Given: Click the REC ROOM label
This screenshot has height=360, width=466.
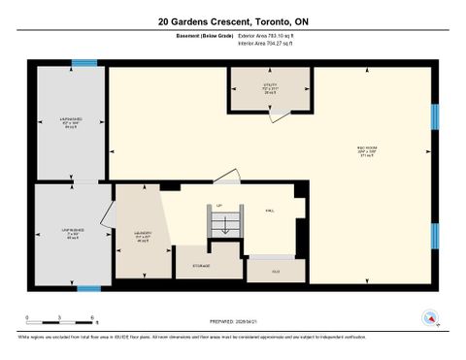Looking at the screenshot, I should pos(366,148).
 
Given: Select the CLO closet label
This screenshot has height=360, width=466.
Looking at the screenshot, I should pos(276,271).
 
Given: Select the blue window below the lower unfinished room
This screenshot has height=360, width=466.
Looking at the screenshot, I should pos(89,287).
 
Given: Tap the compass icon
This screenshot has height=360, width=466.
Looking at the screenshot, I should pos(427,316).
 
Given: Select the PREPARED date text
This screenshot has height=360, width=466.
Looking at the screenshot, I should pos(234,321).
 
